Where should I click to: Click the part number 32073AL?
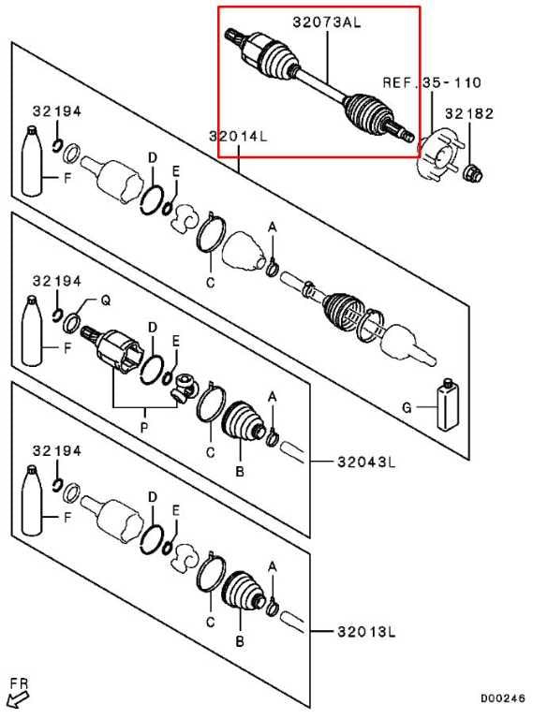(327, 22)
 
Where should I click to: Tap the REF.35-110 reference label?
(432, 82)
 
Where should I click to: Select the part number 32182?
(469, 113)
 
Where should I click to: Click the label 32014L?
(238, 136)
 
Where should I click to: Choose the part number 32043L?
(366, 462)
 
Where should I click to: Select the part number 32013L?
(366, 632)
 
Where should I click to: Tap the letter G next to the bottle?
(407, 407)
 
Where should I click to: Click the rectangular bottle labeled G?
(447, 405)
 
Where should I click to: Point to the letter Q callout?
(105, 301)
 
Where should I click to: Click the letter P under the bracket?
(144, 428)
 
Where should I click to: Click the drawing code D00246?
(502, 698)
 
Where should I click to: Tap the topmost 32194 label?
(56, 111)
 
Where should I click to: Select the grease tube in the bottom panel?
(32, 500)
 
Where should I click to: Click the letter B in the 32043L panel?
(240, 471)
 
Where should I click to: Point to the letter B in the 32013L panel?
(240, 641)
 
